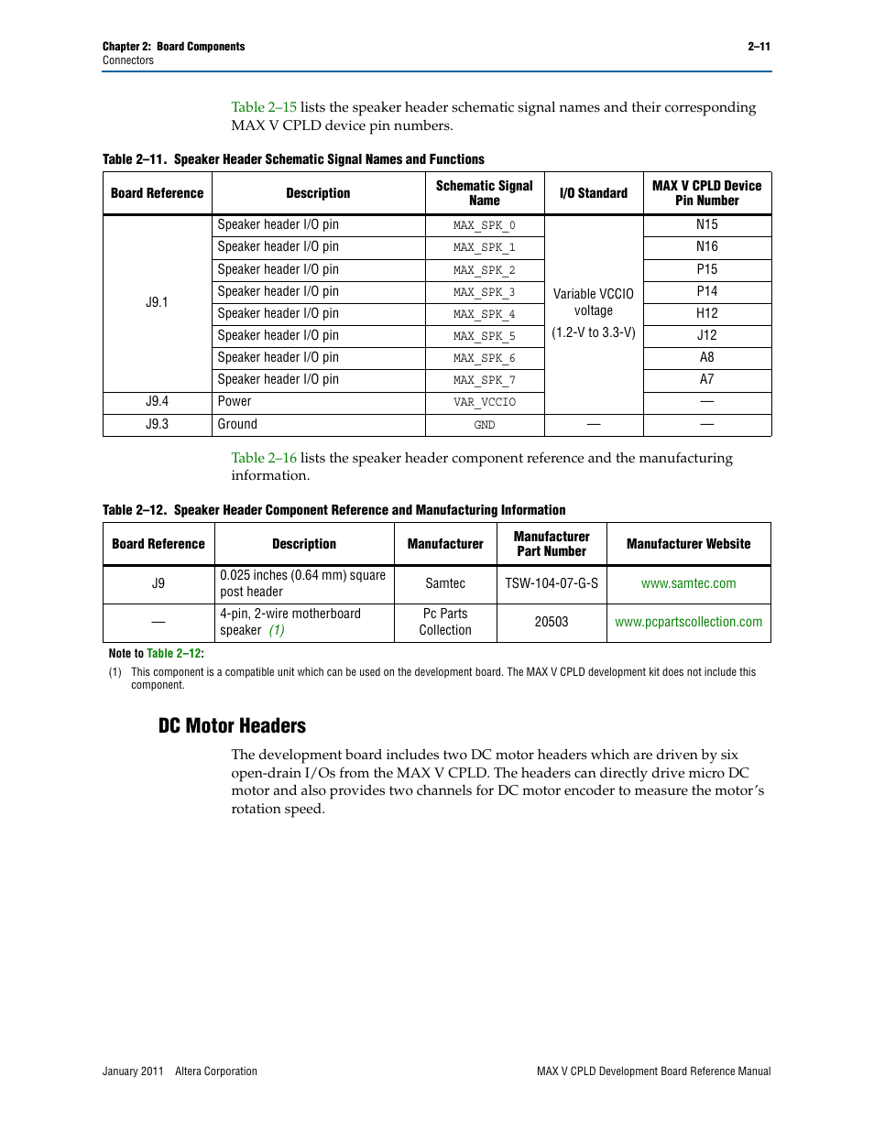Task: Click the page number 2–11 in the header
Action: [759, 47]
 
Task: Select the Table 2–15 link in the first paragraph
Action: [264, 107]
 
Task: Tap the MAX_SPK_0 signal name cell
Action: [484, 225]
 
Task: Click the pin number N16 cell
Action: [706, 247]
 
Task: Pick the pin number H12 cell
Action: [706, 313]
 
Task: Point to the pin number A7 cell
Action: [706, 379]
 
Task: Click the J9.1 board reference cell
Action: [157, 302]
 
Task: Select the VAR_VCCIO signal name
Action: [484, 402]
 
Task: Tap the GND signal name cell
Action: [484, 425]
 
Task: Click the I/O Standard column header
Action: [593, 193]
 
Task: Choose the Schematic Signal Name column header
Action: [484, 193]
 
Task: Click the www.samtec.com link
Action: [688, 583]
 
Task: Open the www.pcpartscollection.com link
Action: [688, 622]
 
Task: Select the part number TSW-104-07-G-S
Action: [551, 583]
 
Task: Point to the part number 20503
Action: [551, 622]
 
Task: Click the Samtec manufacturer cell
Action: [445, 583]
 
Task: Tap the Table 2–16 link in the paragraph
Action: [264, 458]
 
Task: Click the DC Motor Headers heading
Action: [232, 726]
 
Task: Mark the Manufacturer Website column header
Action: [688, 544]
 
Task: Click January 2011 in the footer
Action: [133, 1071]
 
